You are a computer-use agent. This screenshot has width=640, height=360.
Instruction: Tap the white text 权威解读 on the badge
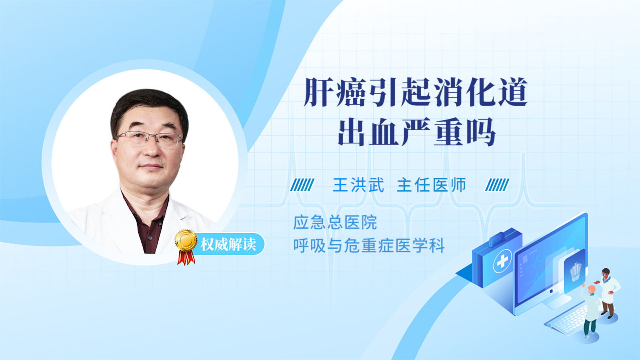click(x=228, y=244)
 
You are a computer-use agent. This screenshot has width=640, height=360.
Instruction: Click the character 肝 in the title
click(x=318, y=92)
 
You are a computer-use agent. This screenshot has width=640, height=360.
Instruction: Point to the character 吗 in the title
click(x=481, y=132)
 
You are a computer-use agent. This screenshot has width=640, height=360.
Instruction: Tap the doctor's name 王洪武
click(x=358, y=185)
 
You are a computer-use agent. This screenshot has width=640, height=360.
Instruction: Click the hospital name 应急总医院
click(x=335, y=222)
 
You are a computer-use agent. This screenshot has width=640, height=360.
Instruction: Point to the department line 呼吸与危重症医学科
click(x=369, y=246)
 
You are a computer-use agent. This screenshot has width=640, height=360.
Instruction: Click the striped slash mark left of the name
click(x=302, y=185)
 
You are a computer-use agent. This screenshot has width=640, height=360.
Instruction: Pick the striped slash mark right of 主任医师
click(x=497, y=185)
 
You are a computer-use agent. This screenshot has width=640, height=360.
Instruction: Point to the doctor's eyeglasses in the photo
click(x=149, y=139)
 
